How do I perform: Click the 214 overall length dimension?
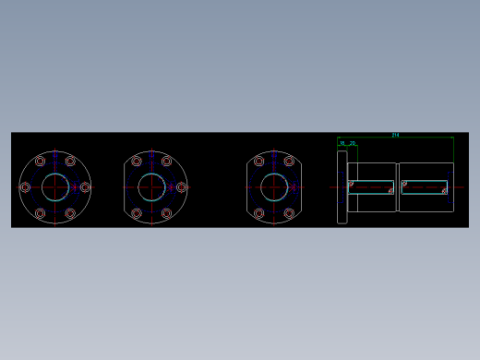coord(395,135)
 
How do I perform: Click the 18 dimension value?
coord(342,143)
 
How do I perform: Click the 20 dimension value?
coord(353,143)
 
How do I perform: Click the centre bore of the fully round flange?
coord(54,186)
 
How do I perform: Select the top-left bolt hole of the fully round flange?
coord(40,161)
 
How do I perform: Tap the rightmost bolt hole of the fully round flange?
coord(85,186)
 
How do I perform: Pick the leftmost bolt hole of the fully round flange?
coord(25,186)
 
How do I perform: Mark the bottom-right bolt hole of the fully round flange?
coord(70,213)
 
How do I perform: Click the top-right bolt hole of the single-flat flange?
coord(166,161)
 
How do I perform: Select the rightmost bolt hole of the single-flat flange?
coord(181,186)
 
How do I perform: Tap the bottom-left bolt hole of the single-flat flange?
coord(137,213)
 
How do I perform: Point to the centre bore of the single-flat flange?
coord(151,186)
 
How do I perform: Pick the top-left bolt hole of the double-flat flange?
coord(259,161)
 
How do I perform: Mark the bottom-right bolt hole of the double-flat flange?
coord(289,213)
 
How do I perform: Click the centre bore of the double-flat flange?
coord(274,186)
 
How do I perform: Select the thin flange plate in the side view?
coord(342,187)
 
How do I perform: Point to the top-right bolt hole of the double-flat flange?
coord(289,161)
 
